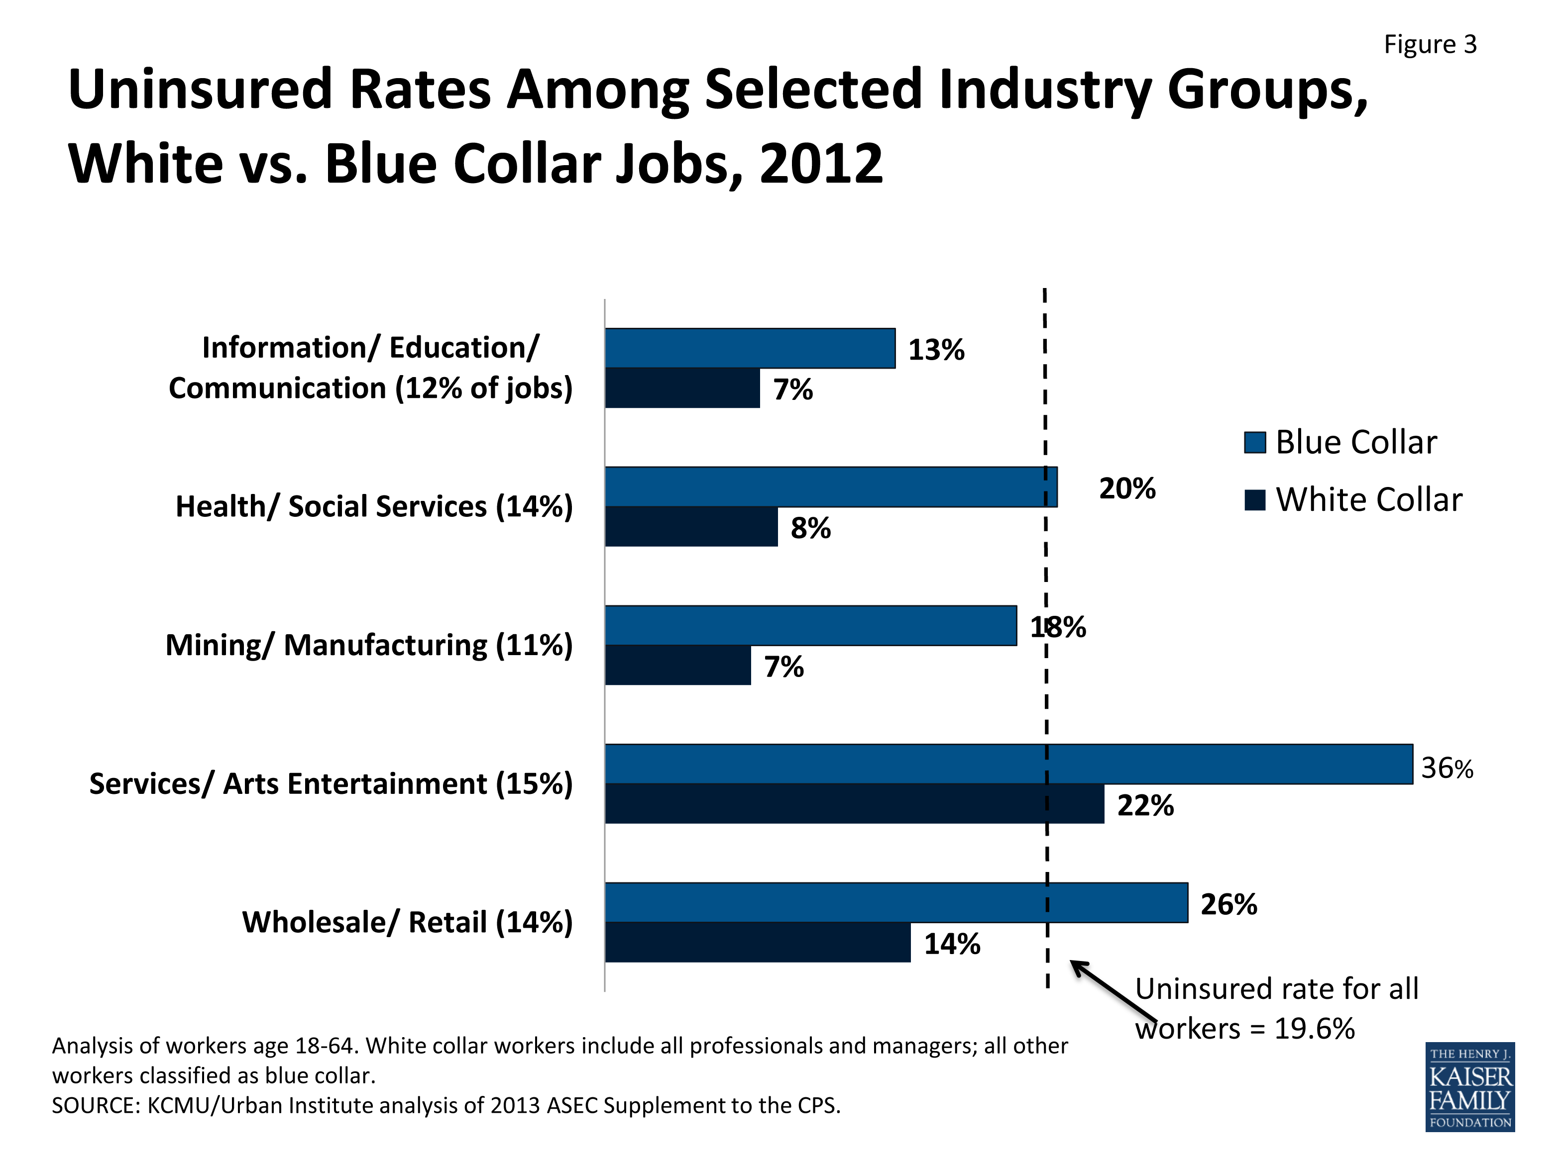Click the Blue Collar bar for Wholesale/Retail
coord(896,902)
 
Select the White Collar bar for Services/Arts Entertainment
coord(854,803)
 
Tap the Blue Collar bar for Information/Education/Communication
coord(750,348)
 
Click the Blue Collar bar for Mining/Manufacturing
coord(810,625)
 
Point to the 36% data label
coord(1447,768)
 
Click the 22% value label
coord(1145,805)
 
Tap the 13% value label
coord(936,350)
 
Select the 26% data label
coord(1228,904)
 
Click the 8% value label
coord(810,528)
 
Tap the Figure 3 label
coord(1430,44)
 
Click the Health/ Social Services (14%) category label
coord(374,506)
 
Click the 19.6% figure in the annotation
coord(1314,1029)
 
